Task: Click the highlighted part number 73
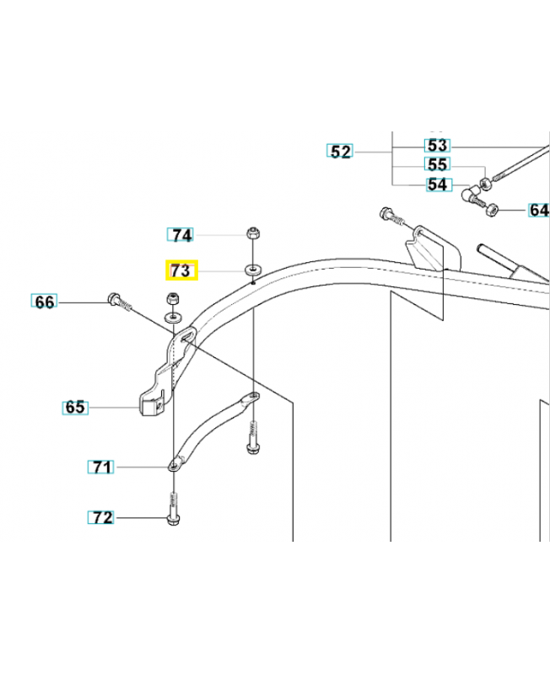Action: coord(181,270)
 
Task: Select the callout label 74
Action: coord(181,235)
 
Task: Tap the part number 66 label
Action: coord(45,302)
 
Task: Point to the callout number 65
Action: coord(75,407)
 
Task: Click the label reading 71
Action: coord(101,467)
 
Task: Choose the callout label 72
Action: coord(101,517)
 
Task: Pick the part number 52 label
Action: coord(340,152)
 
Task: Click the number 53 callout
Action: coord(438,145)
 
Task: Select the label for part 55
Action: coord(438,164)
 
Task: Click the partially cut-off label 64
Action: coord(539,210)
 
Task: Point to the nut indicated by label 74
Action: coord(252,233)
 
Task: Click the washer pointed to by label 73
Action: coord(255,270)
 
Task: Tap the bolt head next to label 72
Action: coord(173,520)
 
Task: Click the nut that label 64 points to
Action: coord(491,211)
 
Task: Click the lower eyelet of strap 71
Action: coord(175,466)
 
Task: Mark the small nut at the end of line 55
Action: coord(485,184)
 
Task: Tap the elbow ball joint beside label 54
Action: coord(471,195)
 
